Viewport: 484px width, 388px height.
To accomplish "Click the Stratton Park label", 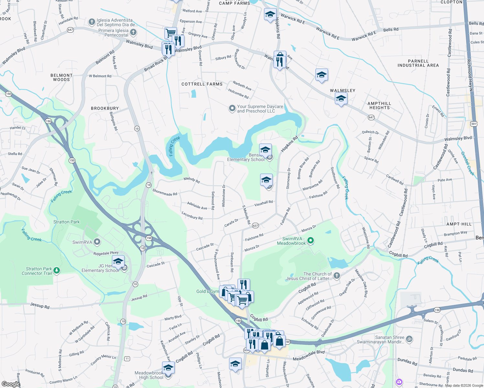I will pyautogui.click(x=66, y=222).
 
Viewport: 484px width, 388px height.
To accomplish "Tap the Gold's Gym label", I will pyautogui.click(x=207, y=291).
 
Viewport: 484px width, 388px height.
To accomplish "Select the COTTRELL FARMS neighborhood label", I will pyautogui.click(x=202, y=84).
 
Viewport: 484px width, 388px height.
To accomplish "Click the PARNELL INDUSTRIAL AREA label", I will pyautogui.click(x=418, y=63).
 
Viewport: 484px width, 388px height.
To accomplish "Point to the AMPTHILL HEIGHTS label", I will pyautogui.click(x=379, y=105).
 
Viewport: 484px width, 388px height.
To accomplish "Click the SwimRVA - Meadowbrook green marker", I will pyautogui.click(x=311, y=240).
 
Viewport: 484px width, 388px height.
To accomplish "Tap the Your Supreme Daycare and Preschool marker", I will pyautogui.click(x=232, y=108).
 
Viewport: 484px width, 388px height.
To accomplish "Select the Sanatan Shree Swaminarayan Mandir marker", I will pyautogui.click(x=409, y=339).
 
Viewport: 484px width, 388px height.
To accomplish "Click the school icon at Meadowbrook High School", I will pyautogui.click(x=168, y=368).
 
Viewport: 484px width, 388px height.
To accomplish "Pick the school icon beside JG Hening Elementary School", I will pyautogui.click(x=118, y=261).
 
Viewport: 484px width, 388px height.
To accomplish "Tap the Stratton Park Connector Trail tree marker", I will pyautogui.click(x=57, y=270).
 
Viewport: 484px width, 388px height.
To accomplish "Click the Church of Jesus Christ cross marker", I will pyautogui.click(x=336, y=275).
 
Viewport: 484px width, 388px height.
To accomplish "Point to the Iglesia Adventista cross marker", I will pyautogui.click(x=92, y=22).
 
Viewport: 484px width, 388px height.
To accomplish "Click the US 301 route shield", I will pyautogui.click(x=474, y=124).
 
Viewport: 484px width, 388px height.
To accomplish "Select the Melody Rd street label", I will pyautogui.click(x=192, y=180).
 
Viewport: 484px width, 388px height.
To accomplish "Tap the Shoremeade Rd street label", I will pyautogui.click(x=165, y=192).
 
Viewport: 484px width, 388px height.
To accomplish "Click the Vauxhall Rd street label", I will pyautogui.click(x=263, y=203).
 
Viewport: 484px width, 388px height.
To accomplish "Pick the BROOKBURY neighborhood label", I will pyautogui.click(x=105, y=108).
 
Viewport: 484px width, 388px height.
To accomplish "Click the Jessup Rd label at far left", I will pyautogui.click(x=39, y=306).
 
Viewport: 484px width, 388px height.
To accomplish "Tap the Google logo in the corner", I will pyautogui.click(x=10, y=384).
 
